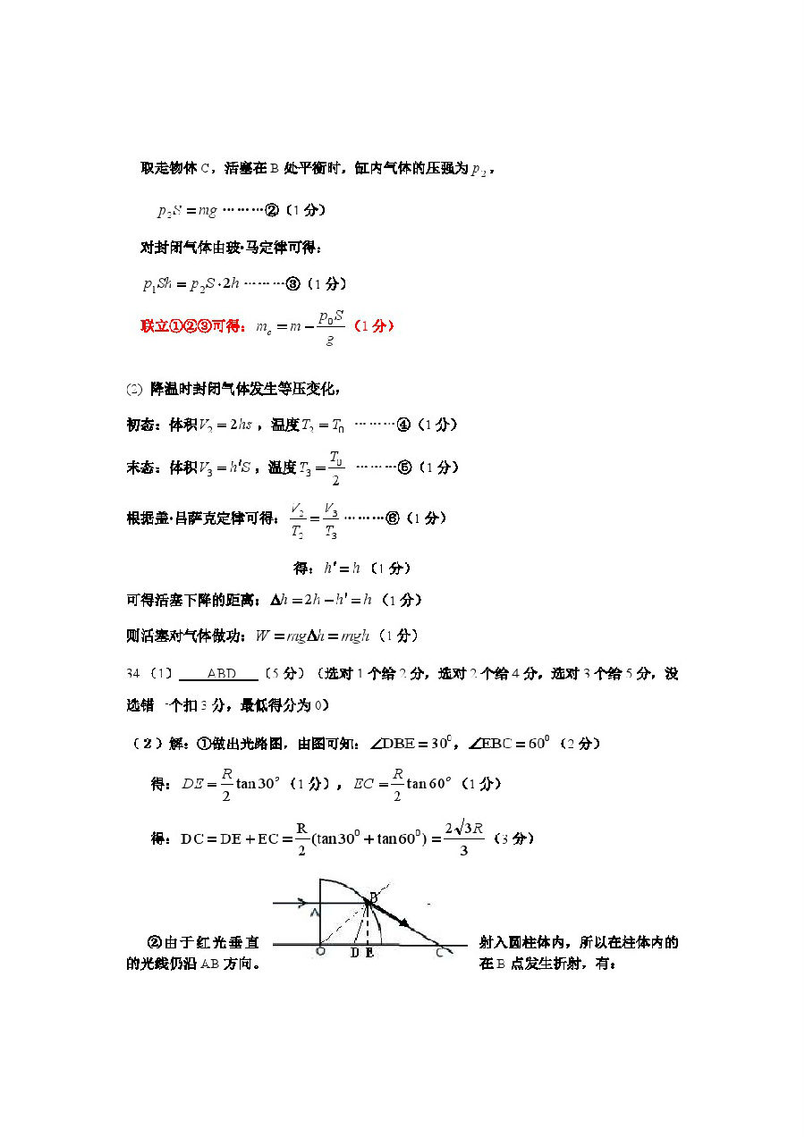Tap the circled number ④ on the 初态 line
(403, 425)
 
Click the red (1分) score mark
(373, 326)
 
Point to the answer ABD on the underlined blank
(221, 673)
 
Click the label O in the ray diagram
(320, 953)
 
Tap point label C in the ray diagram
(440, 953)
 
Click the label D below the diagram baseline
(355, 954)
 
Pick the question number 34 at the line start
(134, 673)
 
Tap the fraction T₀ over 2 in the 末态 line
(335, 467)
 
